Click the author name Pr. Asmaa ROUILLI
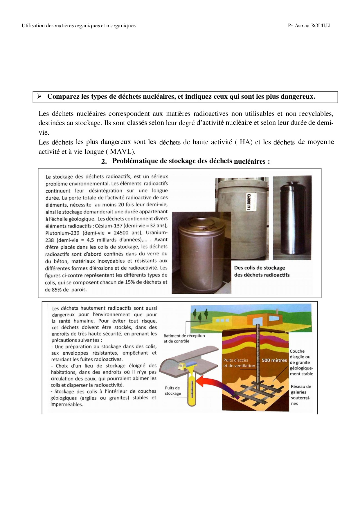click(x=309, y=26)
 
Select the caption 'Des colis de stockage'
click(x=260, y=268)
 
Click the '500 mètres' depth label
click(x=274, y=360)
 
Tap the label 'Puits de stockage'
click(x=173, y=391)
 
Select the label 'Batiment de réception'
click(x=184, y=336)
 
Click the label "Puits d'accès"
click(x=236, y=360)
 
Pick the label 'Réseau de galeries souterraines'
click(x=300, y=395)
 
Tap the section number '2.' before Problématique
click(x=104, y=162)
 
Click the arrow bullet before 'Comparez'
click(x=40, y=96)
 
